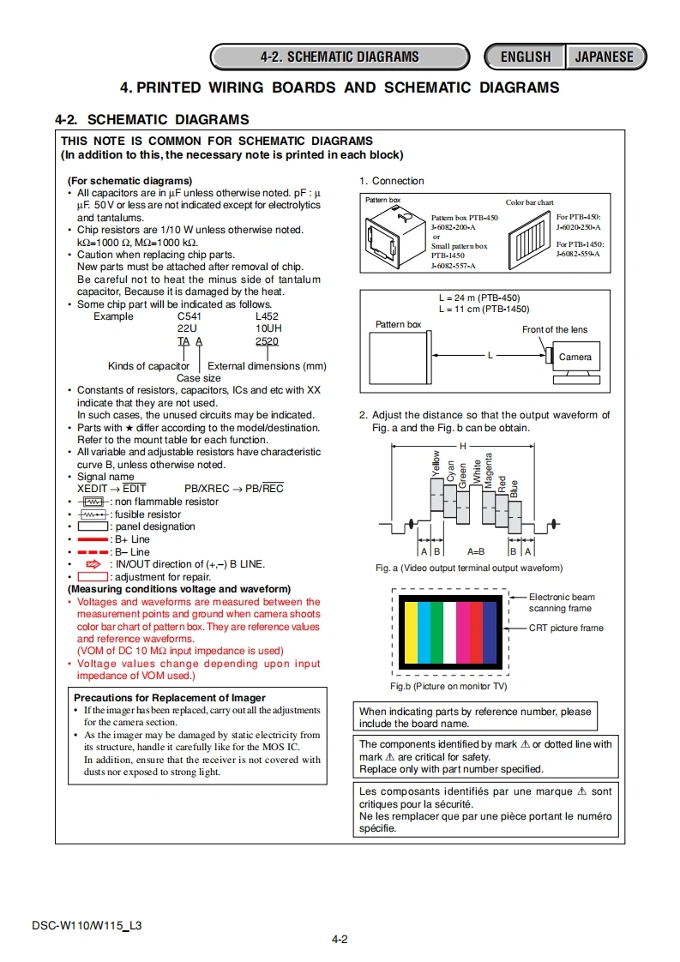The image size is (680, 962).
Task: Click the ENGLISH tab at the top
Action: (525, 57)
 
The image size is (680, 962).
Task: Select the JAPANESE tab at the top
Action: (604, 57)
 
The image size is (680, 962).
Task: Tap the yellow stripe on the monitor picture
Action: (411, 633)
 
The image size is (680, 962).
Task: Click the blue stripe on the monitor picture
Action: (490, 633)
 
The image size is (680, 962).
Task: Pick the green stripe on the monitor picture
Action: (436, 633)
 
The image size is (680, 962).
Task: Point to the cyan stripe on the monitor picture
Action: (424, 633)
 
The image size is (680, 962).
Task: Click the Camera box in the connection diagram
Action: (575, 358)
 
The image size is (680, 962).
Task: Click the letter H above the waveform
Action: (463, 446)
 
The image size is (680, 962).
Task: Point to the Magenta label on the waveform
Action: (489, 470)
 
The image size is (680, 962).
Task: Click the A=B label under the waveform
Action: (476, 551)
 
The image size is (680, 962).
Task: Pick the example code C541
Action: (188, 316)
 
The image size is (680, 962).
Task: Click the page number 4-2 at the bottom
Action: (340, 939)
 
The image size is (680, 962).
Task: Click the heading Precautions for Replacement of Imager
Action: (170, 698)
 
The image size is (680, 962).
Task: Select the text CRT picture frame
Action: (566, 628)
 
